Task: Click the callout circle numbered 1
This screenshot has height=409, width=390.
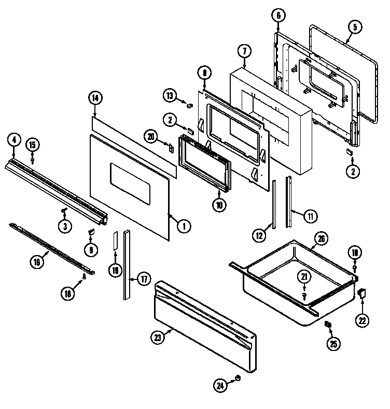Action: (x=183, y=225)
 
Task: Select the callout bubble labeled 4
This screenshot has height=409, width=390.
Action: (x=14, y=139)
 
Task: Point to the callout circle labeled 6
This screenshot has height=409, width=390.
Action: (x=278, y=16)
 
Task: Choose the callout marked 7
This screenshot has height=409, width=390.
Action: (x=244, y=51)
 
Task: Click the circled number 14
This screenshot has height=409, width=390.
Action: (x=95, y=97)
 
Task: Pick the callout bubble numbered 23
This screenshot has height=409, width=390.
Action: (x=159, y=337)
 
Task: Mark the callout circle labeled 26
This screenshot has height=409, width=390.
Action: (x=322, y=239)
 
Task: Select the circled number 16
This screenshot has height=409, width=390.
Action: (x=36, y=262)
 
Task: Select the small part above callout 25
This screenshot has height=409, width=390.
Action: (x=328, y=324)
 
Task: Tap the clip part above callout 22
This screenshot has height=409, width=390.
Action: (x=362, y=293)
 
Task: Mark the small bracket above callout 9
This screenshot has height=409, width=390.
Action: (x=90, y=232)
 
